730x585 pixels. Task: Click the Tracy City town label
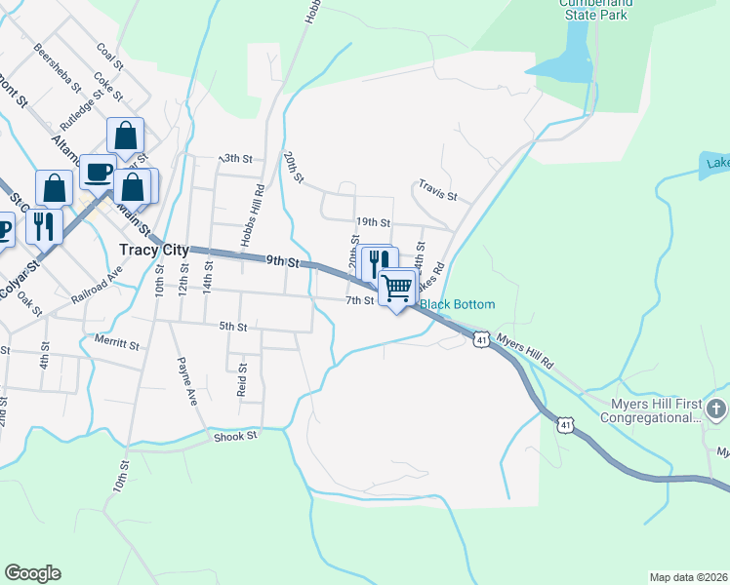point(153,250)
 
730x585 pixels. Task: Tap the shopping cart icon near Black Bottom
point(397,288)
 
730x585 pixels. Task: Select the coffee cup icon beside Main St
point(98,172)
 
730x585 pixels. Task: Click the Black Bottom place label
point(458,304)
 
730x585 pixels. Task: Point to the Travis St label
point(438,189)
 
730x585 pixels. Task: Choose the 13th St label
point(235,158)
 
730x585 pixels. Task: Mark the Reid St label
point(242,379)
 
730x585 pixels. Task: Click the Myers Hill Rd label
point(526,351)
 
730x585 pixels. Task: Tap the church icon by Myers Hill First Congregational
point(717,408)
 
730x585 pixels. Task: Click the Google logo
point(32,573)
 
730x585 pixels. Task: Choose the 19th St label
point(372,222)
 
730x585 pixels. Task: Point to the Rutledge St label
point(80,114)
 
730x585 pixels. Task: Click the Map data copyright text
point(688,577)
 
